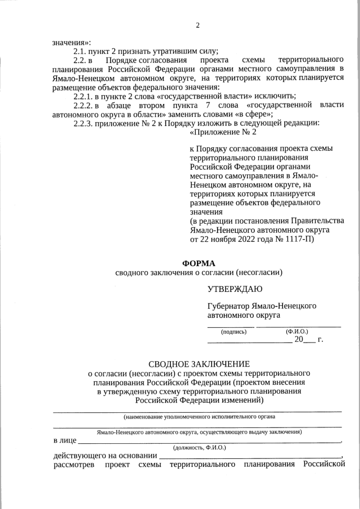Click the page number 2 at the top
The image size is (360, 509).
[x=197, y=25]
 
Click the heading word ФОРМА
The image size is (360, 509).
[x=199, y=263]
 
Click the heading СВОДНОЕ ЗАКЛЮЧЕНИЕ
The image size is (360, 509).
[x=199, y=364]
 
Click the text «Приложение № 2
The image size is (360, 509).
[x=223, y=132]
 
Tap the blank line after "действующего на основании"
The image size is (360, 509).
[x=250, y=456]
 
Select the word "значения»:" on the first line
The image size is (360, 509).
[x=71, y=42]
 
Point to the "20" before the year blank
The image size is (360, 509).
[x=299, y=340]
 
